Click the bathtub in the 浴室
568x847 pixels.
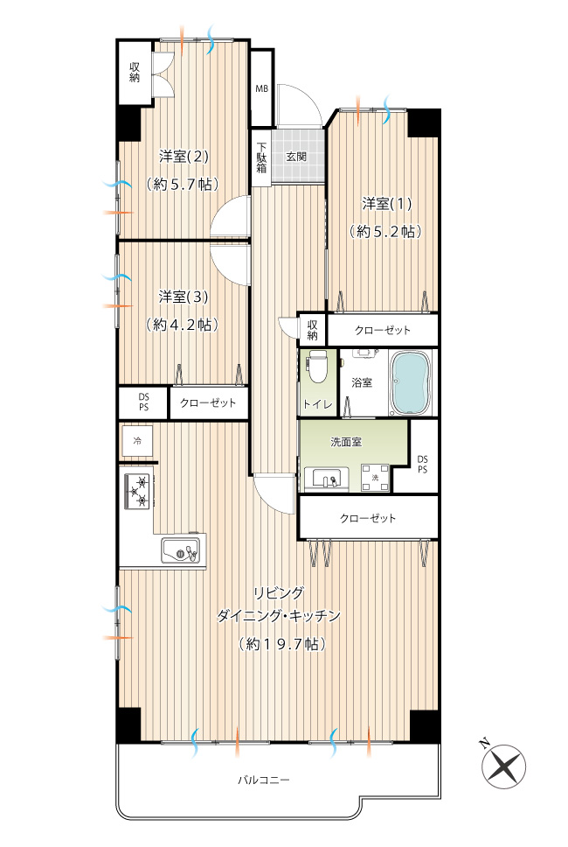coord(411,383)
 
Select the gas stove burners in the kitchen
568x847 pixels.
coord(137,491)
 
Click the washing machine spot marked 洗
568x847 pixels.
coord(376,478)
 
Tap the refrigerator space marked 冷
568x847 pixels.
coord(137,441)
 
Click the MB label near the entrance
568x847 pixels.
coord(261,88)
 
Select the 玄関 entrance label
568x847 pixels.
coord(296,157)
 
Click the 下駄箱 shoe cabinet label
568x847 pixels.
coord(261,157)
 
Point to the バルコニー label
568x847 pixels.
coord(264,780)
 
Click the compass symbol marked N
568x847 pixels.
coord(503,765)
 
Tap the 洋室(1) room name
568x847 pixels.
coord(387,204)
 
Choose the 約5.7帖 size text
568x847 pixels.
coord(183,185)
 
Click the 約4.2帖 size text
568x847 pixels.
coord(183,325)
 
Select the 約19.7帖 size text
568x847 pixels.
coord(282,644)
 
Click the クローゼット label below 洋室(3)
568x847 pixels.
coord(208,403)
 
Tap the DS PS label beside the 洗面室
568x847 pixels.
coord(422,465)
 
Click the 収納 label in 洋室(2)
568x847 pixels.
coord(135,73)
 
